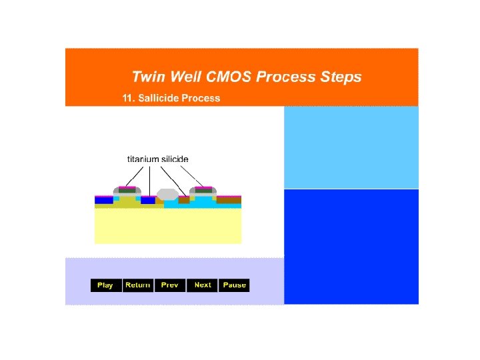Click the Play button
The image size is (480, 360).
[x=105, y=285]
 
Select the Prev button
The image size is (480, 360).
[x=170, y=285]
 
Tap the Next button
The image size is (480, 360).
[x=203, y=285]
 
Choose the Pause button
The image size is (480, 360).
[x=235, y=285]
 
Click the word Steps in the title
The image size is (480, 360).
[x=341, y=77]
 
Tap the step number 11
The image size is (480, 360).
[x=127, y=99]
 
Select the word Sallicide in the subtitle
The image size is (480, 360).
[x=159, y=99]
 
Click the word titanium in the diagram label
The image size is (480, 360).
[x=143, y=159]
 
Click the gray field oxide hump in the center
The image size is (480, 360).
[x=168, y=195]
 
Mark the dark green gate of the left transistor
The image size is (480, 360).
[x=127, y=191]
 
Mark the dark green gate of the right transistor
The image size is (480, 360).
[x=203, y=191]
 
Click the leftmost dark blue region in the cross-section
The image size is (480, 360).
[x=103, y=200]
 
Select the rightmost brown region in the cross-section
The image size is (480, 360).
[x=229, y=199]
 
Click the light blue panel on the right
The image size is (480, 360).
[x=351, y=147]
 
